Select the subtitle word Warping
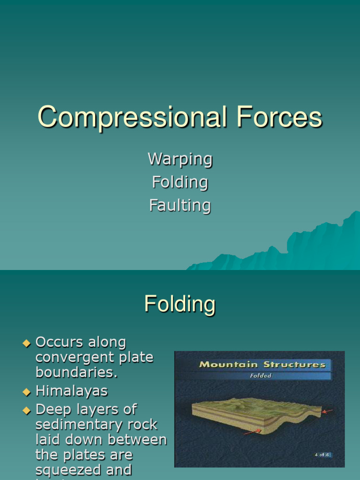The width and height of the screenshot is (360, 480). (180, 159)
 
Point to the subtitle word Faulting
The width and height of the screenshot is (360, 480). (180, 205)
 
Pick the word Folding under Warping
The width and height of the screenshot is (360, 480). (180, 182)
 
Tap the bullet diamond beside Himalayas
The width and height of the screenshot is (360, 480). (26, 391)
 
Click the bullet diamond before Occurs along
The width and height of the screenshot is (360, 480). (26, 343)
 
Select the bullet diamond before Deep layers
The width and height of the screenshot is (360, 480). (26, 410)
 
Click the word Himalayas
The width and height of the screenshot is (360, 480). (71, 390)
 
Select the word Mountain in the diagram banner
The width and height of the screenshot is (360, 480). (229, 365)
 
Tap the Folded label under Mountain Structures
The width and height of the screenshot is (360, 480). (261, 375)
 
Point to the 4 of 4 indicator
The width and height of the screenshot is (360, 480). (322, 455)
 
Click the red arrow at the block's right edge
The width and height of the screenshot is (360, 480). (328, 412)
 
